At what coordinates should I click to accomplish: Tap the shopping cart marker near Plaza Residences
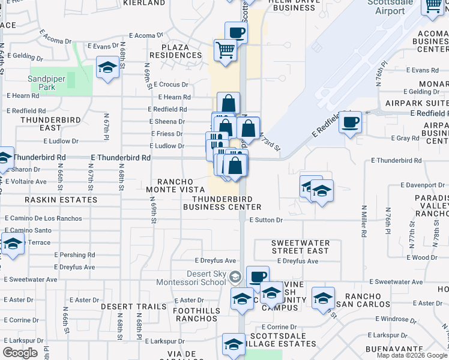(225, 50)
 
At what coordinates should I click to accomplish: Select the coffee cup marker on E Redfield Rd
(351, 122)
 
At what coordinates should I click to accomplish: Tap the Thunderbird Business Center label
(221, 203)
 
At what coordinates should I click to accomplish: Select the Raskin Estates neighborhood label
(61, 200)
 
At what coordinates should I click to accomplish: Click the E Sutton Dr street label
(267, 220)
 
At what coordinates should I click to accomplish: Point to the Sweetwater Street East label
(300, 247)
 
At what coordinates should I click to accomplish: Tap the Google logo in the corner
(20, 353)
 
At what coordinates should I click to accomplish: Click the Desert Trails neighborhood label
(133, 307)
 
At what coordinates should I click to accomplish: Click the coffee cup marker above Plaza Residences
(236, 32)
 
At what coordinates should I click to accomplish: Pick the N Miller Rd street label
(364, 222)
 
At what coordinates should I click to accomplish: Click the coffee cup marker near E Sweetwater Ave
(258, 277)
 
